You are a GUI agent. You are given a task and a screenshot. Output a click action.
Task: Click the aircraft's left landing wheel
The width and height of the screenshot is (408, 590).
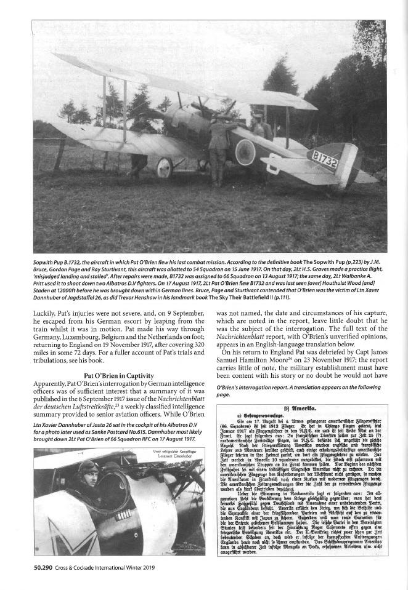[165, 168]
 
